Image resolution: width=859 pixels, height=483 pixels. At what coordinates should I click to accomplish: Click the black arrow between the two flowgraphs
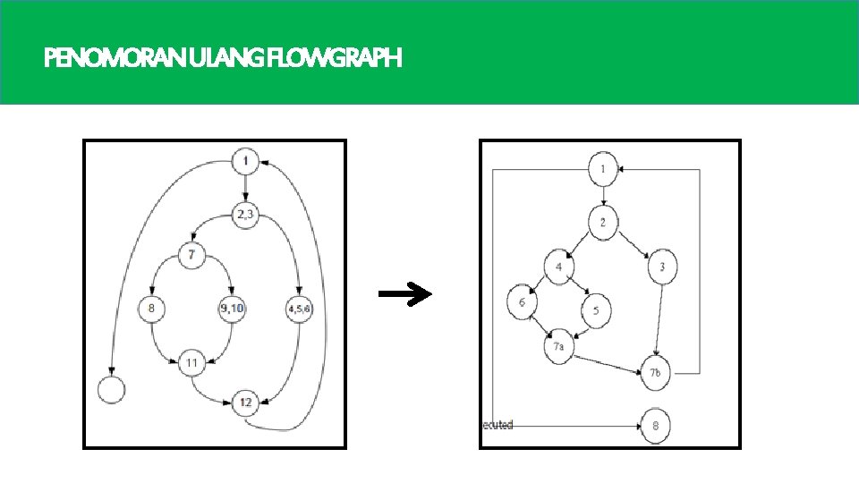click(x=404, y=294)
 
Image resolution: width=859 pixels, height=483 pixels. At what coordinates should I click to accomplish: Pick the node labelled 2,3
click(x=245, y=214)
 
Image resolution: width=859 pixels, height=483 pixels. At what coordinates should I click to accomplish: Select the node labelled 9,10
click(x=231, y=309)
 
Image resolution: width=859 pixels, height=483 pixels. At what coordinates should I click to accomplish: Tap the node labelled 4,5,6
click(x=300, y=309)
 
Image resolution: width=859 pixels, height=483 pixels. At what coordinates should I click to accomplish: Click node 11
click(x=191, y=363)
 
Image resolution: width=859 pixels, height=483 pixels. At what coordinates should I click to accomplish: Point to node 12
click(x=245, y=403)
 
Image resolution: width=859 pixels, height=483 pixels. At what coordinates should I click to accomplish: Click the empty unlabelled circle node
click(x=111, y=389)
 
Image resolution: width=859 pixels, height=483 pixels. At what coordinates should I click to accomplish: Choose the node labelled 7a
click(x=558, y=346)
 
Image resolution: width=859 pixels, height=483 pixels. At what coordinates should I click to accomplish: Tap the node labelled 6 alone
click(x=522, y=302)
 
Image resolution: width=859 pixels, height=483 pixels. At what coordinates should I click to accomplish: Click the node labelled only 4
click(x=559, y=267)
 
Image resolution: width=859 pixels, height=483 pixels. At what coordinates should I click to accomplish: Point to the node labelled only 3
click(x=662, y=267)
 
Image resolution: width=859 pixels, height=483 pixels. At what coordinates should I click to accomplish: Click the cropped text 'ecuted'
click(x=498, y=425)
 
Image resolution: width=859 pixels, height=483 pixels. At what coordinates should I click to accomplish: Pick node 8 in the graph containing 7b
click(x=655, y=427)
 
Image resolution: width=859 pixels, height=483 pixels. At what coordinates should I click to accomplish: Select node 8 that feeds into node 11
click(x=151, y=309)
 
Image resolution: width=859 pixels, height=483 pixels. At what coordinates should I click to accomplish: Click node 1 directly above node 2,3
click(x=245, y=162)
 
